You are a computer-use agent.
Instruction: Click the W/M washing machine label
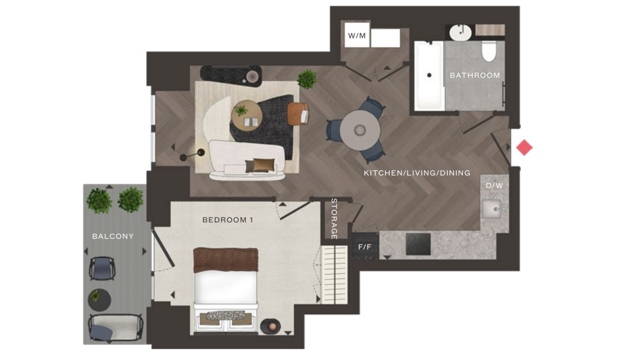pyautogui.click(x=357, y=36)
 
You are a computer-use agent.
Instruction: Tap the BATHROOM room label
pyautogui.click(x=475, y=75)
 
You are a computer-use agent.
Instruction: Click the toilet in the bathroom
pyautogui.click(x=489, y=52)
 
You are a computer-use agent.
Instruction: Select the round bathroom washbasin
pyautogui.click(x=460, y=33)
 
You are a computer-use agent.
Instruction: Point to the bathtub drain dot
pyautogui.click(x=429, y=75)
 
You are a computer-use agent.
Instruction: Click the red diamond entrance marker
pyautogui.click(x=524, y=147)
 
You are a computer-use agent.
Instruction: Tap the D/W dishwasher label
pyautogui.click(x=494, y=186)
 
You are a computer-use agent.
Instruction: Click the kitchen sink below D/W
pyautogui.click(x=492, y=209)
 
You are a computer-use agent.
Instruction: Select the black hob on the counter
pyautogui.click(x=418, y=244)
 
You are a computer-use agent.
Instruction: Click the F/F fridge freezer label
pyautogui.click(x=365, y=247)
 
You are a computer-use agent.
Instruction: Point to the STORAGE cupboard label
pyautogui.click(x=334, y=219)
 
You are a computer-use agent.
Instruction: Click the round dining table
pyautogui.click(x=360, y=130)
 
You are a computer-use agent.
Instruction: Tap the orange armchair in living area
pyautogui.click(x=297, y=114)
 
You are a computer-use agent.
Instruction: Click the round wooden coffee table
pyautogui.click(x=247, y=115)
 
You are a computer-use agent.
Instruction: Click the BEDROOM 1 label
pyautogui.click(x=228, y=220)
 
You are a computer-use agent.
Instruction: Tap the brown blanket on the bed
pyautogui.click(x=226, y=260)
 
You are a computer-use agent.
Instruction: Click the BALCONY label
pyautogui.click(x=113, y=236)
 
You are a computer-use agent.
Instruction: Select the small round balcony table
pyautogui.click(x=99, y=299)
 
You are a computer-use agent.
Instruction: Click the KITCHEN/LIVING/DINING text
pyautogui.click(x=417, y=173)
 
